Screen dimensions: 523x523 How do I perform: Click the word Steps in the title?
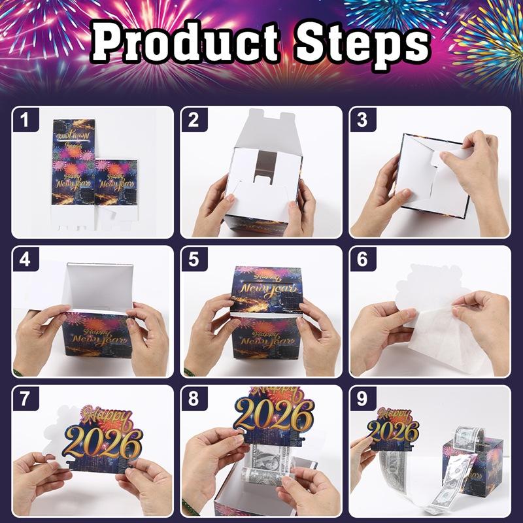[x=361, y=44]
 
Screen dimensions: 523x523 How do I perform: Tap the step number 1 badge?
[x=25, y=120]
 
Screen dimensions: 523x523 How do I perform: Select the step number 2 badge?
[x=194, y=120]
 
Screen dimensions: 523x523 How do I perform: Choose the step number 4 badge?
[x=25, y=260]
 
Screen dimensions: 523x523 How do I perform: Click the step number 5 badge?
[x=194, y=260]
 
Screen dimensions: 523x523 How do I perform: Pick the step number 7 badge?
[x=25, y=399]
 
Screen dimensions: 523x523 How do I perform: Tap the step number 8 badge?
[x=194, y=399]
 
